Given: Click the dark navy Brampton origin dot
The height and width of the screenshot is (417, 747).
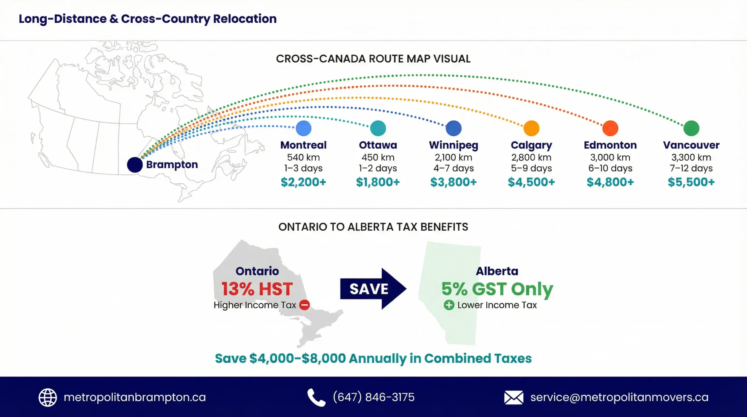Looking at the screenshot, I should tap(135, 165).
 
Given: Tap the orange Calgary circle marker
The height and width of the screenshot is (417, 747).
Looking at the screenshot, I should tap(531, 128).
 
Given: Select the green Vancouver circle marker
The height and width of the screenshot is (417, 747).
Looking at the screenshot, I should tap(691, 128).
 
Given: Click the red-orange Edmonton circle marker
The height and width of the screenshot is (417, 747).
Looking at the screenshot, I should tap(610, 128).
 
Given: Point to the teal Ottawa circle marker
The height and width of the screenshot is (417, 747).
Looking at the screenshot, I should tap(378, 128).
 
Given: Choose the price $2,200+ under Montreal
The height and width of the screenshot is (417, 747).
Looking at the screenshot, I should tap(303, 182).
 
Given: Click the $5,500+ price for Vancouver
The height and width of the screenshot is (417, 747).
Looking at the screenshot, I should tap(691, 182).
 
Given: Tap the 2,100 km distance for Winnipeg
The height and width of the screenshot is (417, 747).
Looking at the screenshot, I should tap(453, 158).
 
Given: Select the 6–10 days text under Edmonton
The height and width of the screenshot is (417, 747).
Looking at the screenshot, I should tap(610, 168).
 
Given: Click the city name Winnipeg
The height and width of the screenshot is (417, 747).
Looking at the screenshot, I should tap(453, 145).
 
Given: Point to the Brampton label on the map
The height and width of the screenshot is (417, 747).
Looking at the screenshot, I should tap(172, 165).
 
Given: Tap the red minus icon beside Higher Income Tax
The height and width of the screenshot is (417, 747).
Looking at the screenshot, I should tap(304, 305).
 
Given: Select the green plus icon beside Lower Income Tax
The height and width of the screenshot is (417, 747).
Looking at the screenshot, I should tap(449, 305).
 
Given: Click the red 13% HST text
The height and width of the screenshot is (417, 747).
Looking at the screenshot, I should tap(257, 289).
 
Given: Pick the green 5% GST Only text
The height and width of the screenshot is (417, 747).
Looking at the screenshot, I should tap(497, 289).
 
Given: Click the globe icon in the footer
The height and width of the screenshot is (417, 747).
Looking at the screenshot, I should tap(48, 397).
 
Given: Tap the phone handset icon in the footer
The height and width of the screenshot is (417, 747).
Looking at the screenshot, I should tap(316, 397).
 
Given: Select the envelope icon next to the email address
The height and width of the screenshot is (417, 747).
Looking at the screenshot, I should tap(514, 397).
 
